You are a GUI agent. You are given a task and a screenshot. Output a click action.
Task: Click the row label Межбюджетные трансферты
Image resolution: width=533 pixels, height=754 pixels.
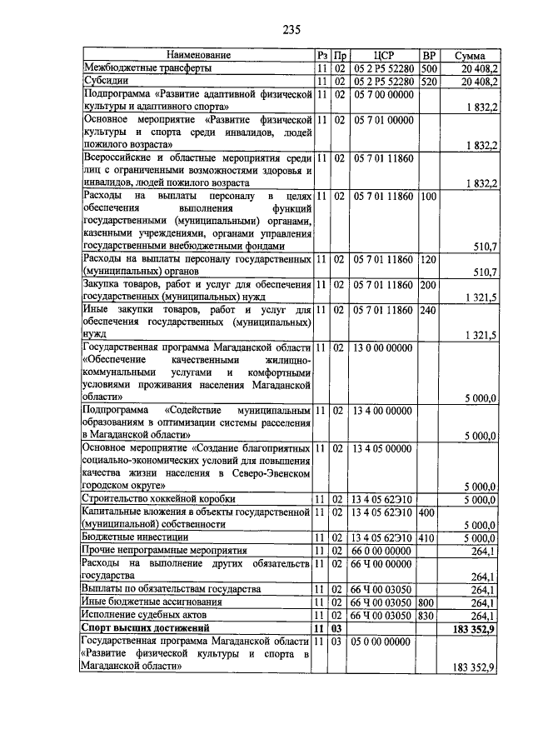click(x=147, y=67)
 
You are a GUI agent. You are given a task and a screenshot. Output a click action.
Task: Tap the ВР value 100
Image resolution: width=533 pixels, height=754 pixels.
click(x=429, y=197)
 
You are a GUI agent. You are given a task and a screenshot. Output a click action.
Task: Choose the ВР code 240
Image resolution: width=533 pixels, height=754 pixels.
click(x=429, y=310)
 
